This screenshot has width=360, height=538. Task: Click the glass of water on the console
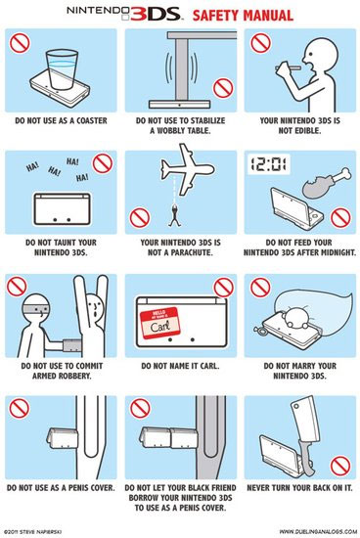(x=62, y=69)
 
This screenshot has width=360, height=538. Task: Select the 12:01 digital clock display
(x=269, y=164)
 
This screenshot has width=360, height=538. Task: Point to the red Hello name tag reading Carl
(x=159, y=323)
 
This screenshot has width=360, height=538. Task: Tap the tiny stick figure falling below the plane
(x=174, y=215)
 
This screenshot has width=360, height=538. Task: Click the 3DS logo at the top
(x=156, y=14)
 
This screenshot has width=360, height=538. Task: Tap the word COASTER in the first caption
(x=92, y=120)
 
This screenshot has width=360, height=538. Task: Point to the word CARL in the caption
(x=209, y=366)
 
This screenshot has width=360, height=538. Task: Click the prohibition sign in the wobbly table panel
(x=223, y=88)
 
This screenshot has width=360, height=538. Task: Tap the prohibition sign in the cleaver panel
(x=340, y=467)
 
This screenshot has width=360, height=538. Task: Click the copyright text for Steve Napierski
(x=32, y=532)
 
